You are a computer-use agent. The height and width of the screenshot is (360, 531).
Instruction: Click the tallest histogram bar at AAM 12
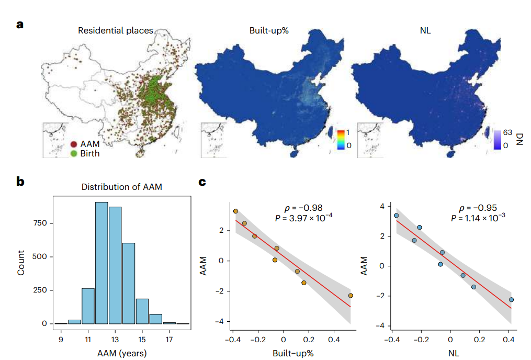(x=101, y=263)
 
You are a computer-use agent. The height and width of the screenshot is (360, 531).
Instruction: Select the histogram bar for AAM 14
(x=129, y=283)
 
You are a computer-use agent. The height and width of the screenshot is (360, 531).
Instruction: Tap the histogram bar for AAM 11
(x=88, y=306)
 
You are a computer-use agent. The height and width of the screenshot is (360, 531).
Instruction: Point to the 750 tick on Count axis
(x=40, y=223)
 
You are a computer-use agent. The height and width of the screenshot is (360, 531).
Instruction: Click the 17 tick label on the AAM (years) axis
(x=169, y=340)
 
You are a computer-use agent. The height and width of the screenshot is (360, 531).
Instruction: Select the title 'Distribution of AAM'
(x=121, y=187)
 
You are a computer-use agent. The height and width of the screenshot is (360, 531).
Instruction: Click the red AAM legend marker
(x=73, y=144)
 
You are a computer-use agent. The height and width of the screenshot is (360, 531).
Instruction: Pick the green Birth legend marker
(x=73, y=153)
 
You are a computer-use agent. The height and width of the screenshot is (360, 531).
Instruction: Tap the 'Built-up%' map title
(x=269, y=30)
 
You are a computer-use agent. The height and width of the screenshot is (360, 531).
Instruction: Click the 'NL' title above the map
(x=425, y=30)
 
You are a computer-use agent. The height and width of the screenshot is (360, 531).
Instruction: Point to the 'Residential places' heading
(x=116, y=30)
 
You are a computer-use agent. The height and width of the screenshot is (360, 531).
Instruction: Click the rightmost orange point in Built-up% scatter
(x=351, y=296)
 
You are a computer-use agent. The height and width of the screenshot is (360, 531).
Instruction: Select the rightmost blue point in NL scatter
(x=511, y=300)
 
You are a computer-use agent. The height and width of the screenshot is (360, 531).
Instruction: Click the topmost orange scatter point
(x=236, y=211)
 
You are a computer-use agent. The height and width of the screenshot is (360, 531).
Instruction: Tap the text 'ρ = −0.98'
(x=303, y=208)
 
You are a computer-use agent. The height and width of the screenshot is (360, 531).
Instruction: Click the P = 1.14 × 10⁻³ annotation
(x=478, y=218)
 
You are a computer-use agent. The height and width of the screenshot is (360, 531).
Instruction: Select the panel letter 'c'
(x=202, y=182)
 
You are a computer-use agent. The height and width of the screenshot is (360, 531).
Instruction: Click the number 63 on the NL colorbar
(x=507, y=132)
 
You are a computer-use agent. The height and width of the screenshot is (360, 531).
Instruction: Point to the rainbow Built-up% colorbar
(x=341, y=140)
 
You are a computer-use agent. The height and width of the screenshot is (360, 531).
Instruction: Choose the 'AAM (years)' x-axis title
(x=122, y=353)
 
